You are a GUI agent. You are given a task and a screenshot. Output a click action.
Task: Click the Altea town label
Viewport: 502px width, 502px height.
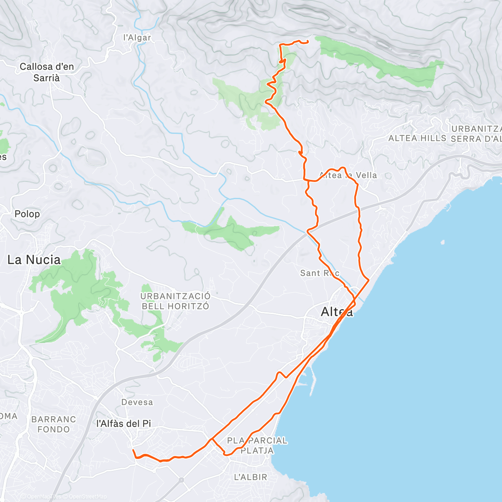point(337,312)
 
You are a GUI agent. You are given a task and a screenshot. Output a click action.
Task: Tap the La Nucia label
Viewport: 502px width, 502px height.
point(34,260)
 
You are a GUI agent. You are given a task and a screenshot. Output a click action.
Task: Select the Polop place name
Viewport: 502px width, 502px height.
point(27,214)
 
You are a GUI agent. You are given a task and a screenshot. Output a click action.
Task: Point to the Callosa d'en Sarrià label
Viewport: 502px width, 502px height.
point(47,72)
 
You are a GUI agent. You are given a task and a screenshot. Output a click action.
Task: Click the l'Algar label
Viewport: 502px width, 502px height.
point(137,38)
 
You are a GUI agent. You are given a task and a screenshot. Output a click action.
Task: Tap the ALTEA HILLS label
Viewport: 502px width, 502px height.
point(417,138)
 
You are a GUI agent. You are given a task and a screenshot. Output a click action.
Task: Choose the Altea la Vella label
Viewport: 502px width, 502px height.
point(348,175)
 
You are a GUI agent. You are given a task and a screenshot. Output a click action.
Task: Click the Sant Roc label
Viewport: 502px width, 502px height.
point(320,273)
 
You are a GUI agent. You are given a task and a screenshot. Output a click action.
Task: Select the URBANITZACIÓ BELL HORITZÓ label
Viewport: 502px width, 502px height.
point(175,301)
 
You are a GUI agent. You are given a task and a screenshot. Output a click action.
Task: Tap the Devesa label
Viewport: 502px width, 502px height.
point(137,402)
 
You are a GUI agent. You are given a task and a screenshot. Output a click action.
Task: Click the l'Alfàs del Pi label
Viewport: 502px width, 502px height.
point(124,424)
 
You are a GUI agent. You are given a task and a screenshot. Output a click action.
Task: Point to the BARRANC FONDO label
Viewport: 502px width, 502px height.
point(54,424)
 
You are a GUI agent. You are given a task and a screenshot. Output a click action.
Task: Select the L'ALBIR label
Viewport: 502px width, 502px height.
point(250,477)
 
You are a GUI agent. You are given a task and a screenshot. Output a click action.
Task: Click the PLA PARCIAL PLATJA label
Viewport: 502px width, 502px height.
point(257,446)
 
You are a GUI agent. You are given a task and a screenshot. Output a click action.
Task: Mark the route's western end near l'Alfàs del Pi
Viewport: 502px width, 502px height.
point(133,450)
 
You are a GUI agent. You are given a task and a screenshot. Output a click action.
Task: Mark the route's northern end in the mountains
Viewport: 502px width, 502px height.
point(308,41)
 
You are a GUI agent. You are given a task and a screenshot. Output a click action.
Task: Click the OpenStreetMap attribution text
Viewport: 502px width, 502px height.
point(87,497)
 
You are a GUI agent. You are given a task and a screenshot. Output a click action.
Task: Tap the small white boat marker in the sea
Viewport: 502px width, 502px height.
point(442,242)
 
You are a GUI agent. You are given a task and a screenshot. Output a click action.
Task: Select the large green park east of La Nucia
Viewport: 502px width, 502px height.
point(77,289)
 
